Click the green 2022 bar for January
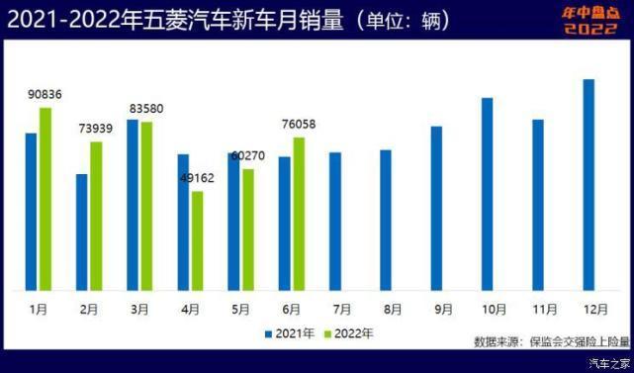pos(45,198)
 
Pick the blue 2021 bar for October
pos(487,193)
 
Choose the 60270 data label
pos(249,156)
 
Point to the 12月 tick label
pos(589,309)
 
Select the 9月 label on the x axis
pos(437,309)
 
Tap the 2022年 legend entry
pos(352,333)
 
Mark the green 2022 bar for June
pos(299,214)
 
